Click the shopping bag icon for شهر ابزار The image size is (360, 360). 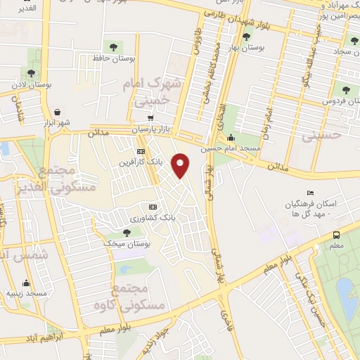57,111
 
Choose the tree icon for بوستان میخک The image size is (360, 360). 127,232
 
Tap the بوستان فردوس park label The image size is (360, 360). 336,101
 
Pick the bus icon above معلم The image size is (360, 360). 337,235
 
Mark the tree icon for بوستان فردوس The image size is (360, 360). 345,89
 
